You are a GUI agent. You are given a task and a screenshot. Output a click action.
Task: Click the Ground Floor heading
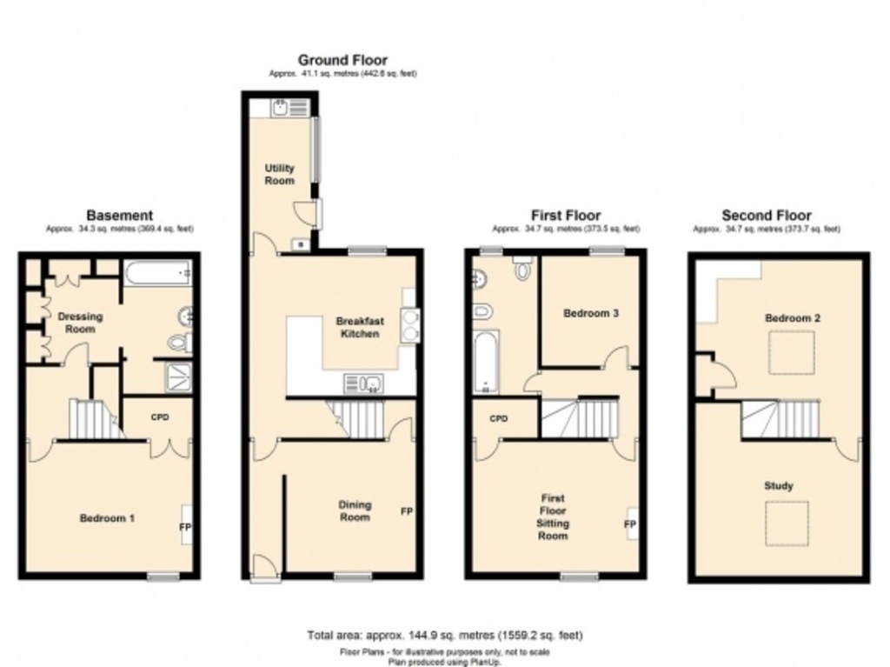click(x=342, y=60)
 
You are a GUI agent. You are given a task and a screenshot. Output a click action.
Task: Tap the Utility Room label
click(x=280, y=174)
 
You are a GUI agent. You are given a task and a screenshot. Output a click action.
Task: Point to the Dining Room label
click(x=355, y=511)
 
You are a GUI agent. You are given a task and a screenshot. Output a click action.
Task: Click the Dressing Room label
click(x=80, y=323)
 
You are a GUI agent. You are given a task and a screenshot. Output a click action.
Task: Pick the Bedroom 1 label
click(x=107, y=518)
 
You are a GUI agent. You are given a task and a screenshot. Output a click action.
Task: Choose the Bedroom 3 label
click(x=590, y=313)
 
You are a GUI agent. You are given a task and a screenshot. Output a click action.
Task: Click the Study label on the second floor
click(x=779, y=486)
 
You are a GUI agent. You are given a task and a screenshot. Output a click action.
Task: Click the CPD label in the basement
click(x=160, y=417)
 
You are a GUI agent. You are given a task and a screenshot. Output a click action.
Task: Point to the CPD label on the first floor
click(x=498, y=419)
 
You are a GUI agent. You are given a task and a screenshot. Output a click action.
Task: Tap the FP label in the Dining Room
click(x=406, y=511)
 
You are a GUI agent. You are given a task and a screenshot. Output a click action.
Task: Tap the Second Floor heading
click(x=767, y=215)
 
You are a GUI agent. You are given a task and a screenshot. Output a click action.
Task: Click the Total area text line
click(x=445, y=636)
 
